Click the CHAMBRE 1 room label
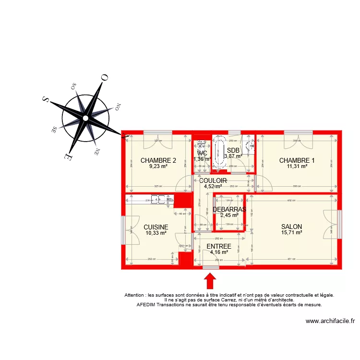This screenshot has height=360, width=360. (297, 160)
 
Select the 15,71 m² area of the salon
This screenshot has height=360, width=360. (291, 233)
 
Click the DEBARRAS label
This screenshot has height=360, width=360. (229, 209)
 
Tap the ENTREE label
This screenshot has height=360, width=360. (218, 246)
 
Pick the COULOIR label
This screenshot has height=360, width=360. (213, 180)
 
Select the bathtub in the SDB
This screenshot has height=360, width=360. (221, 154)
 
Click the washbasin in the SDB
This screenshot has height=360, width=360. (249, 145)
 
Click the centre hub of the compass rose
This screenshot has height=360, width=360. (85, 118)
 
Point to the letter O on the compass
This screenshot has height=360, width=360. (104, 77)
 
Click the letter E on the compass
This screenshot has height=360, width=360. (67, 156)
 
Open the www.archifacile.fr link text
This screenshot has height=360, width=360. (330, 322)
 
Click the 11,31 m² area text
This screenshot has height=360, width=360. (297, 167)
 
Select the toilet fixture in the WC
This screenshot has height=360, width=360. (202, 145)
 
